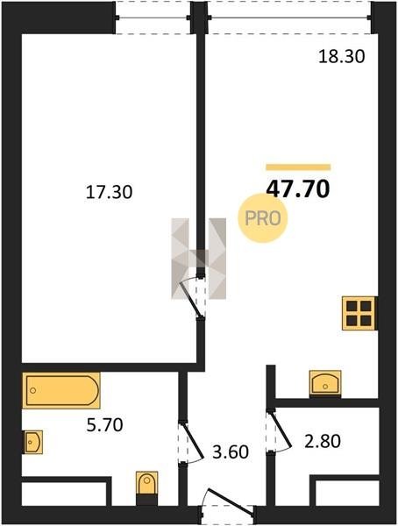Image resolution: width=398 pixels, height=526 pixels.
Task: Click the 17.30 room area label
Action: [x=109, y=192]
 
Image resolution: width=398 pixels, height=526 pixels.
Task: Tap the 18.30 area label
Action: [x=341, y=57]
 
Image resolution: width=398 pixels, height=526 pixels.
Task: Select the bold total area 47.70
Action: [x=298, y=189]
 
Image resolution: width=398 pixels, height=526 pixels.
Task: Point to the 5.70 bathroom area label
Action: [x=104, y=425]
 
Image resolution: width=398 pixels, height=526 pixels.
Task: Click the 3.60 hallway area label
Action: [x=231, y=451]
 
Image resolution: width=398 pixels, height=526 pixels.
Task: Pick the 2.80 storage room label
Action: [x=323, y=441]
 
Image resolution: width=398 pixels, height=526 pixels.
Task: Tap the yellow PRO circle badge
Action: [x=263, y=218]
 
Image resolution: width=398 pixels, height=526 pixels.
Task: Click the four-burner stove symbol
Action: [x=359, y=313]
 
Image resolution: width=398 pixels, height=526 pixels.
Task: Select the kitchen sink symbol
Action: [x=325, y=383]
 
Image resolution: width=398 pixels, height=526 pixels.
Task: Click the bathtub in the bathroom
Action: [x=61, y=390]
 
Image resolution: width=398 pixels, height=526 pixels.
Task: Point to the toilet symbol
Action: [x=146, y=485]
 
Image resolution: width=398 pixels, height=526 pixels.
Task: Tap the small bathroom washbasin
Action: [x=33, y=442]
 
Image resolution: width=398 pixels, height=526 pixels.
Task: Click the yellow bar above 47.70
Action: [x=298, y=167]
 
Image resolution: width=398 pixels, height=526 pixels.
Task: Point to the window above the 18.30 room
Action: [x=289, y=18]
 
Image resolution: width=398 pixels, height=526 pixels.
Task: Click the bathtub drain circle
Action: [x=33, y=390]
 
